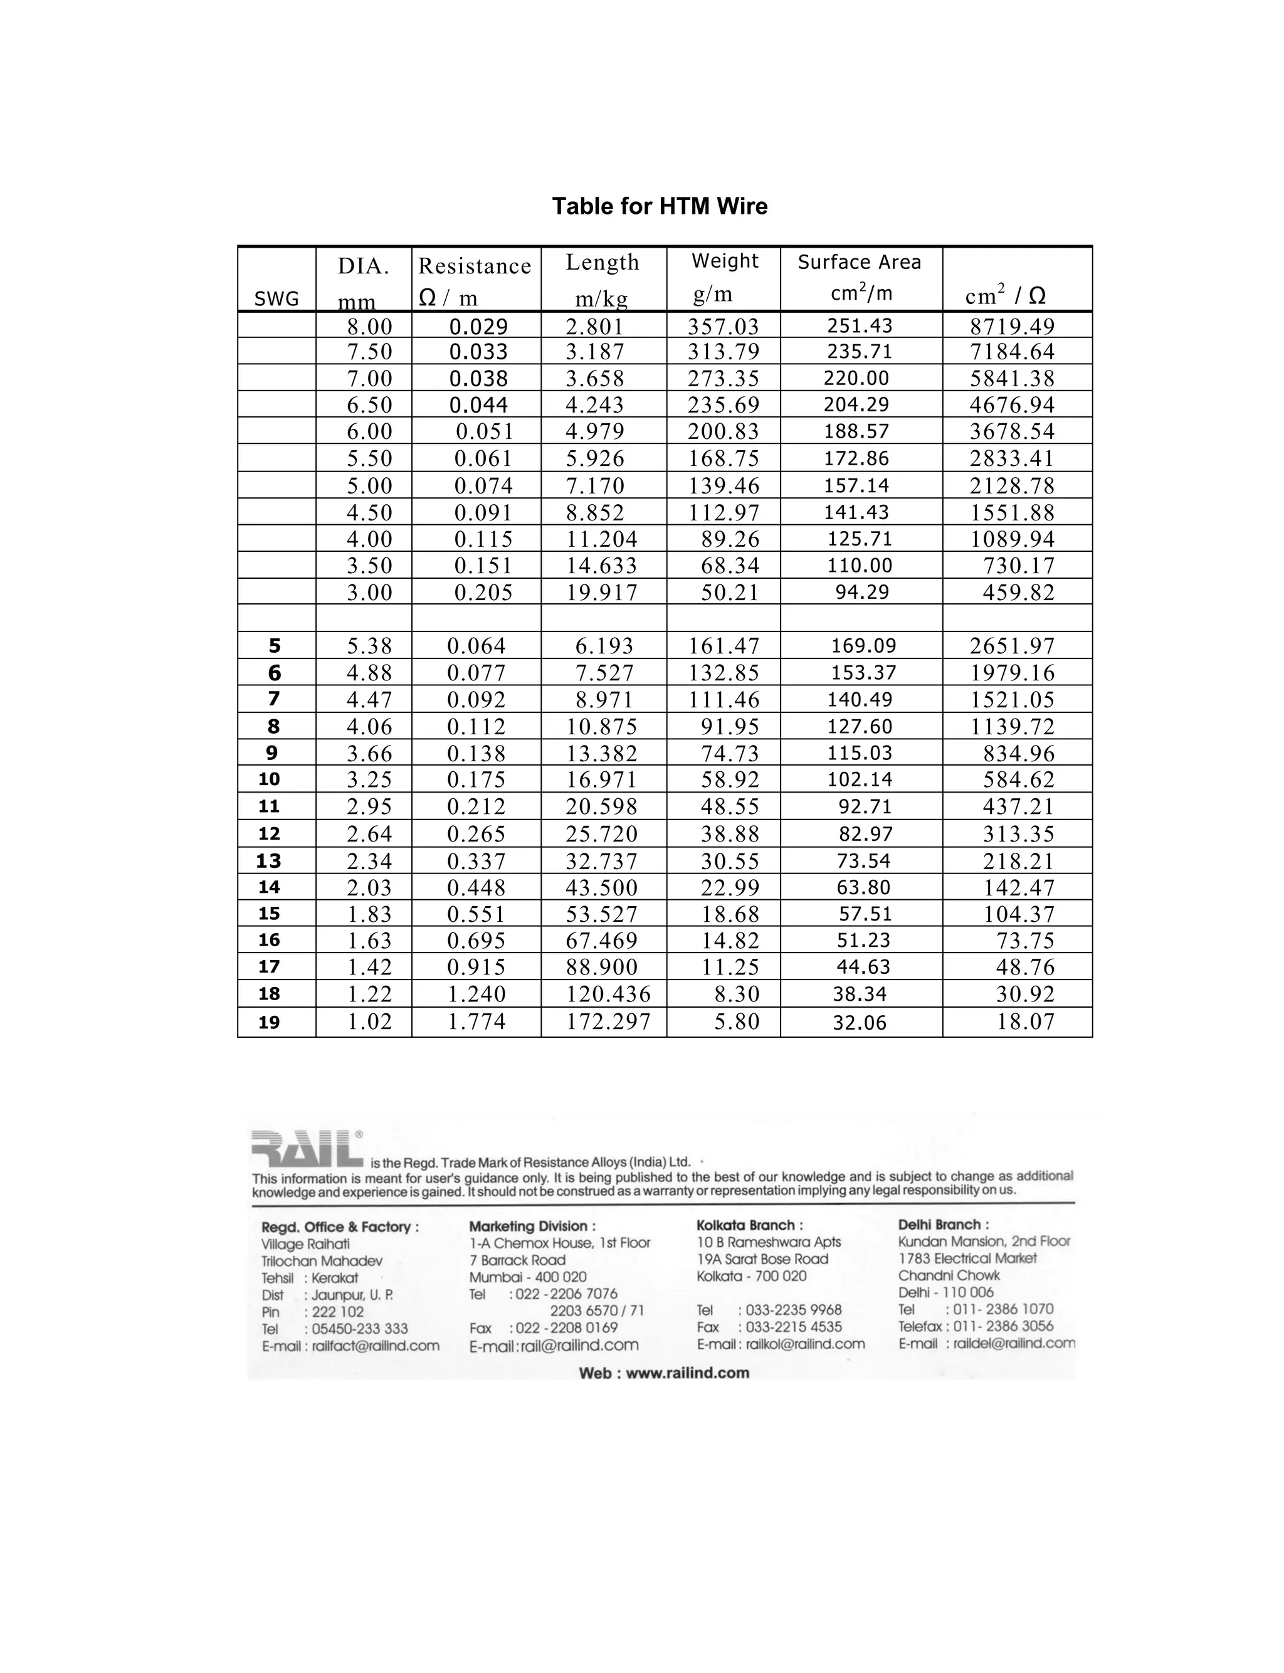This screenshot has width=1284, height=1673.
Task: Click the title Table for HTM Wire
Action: point(660,206)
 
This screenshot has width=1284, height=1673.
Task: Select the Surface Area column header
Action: point(859,263)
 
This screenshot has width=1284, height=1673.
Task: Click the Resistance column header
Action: point(475,266)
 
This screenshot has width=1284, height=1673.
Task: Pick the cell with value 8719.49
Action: point(1012,326)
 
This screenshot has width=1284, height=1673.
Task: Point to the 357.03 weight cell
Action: point(723,326)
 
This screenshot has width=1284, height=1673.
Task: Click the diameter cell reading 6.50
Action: point(369,405)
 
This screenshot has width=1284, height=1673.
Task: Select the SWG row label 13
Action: point(269,862)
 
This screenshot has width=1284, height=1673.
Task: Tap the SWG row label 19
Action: point(269,1023)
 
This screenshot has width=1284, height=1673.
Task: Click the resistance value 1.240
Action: point(476,995)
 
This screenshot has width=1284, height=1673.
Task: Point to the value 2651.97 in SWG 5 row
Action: point(1012,647)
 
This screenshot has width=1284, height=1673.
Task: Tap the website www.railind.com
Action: point(663,1373)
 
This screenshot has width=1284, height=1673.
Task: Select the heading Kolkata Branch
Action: point(749,1225)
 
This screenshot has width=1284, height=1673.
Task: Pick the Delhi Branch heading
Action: point(943,1225)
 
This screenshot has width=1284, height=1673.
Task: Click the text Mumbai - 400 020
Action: point(527,1277)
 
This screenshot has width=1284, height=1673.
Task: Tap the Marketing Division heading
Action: point(532,1226)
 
